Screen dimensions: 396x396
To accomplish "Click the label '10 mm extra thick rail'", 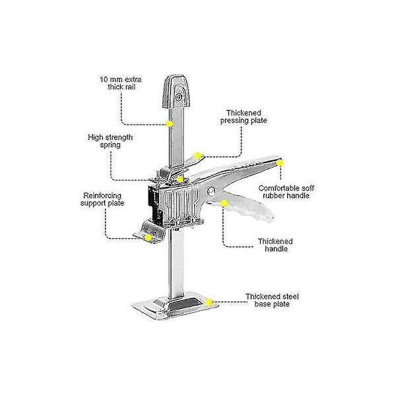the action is pos(121,83).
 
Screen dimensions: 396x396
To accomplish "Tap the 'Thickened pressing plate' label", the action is pos(244,117).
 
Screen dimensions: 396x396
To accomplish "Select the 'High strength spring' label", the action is pos(110,141).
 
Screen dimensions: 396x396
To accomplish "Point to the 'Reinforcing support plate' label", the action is pos(102,199).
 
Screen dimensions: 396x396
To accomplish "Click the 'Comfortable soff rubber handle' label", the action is pos(286,192).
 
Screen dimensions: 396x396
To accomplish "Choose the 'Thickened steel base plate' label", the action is pos(272,300).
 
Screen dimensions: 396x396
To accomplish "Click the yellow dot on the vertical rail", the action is pos(170,124).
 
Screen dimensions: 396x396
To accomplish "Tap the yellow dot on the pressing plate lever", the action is pos(198,155).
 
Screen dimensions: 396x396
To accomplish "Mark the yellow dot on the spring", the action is pos(180,180).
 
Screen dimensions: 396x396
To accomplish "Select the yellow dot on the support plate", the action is pos(148,238).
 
